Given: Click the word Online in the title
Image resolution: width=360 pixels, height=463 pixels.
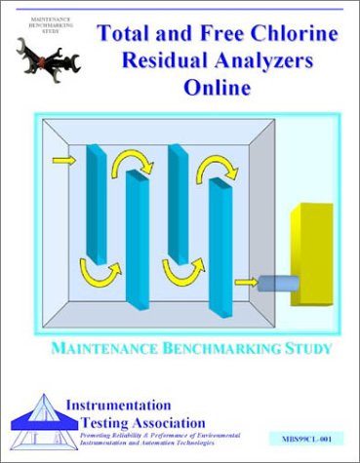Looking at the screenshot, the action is pyautogui.click(x=217, y=88).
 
